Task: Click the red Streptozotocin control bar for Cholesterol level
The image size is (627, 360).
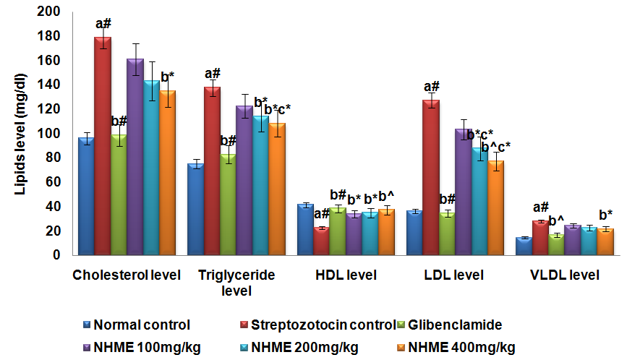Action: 104,145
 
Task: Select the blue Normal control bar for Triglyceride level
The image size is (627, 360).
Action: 195,210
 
